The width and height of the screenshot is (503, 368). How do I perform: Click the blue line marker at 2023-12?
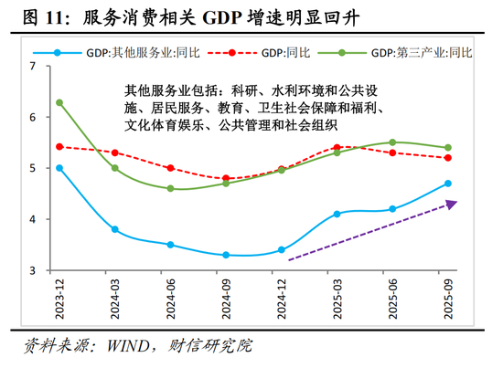coord(59,168)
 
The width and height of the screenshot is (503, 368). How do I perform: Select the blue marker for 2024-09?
coord(226,255)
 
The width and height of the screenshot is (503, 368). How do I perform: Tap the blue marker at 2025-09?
coord(447,184)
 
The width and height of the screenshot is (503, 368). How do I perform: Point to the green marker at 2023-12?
coord(59,102)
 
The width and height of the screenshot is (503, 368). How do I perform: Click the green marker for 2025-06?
coord(392,142)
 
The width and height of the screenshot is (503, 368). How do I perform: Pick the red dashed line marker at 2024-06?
coord(170,168)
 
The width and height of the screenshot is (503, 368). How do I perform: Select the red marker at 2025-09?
coord(447,158)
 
